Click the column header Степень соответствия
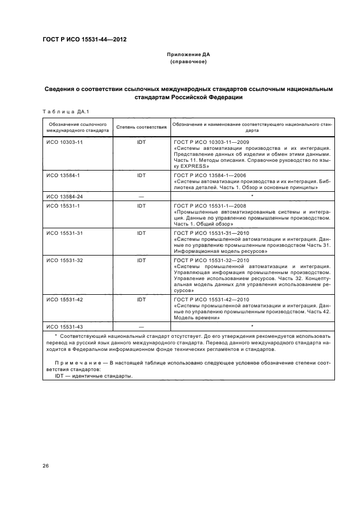141,127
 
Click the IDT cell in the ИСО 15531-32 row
141,260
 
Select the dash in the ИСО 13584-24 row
141,196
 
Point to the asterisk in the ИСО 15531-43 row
252,326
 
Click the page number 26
46,465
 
